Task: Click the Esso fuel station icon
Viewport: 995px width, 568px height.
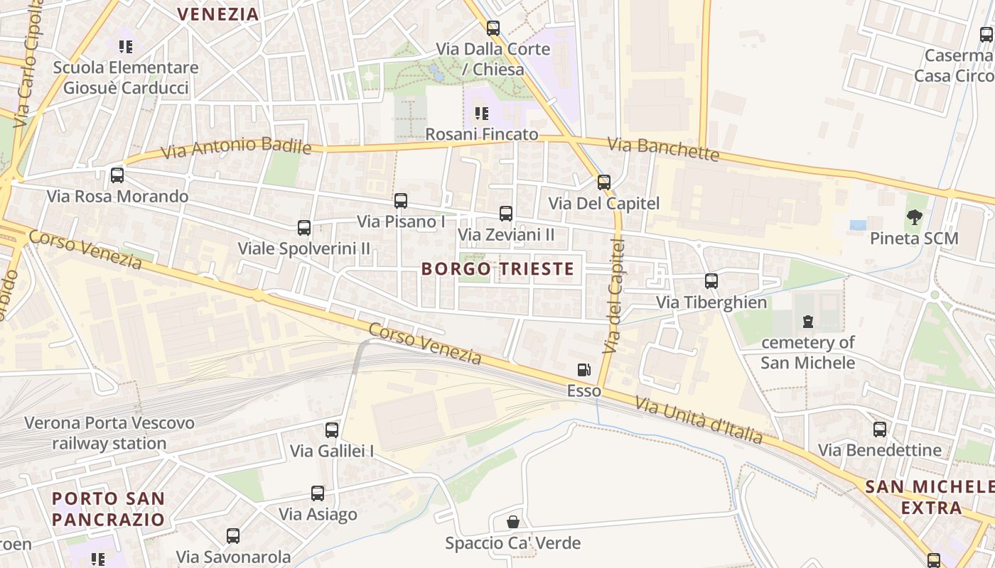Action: coord(583,369)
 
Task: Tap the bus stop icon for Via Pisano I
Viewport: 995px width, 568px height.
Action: coord(401,201)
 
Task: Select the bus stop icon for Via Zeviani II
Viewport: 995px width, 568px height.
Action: coord(506,213)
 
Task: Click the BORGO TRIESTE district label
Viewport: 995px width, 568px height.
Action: coord(497,269)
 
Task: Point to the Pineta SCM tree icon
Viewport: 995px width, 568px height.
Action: coord(915,217)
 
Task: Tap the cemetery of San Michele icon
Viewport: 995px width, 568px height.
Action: coord(807,322)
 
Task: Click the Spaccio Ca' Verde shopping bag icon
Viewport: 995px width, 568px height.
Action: coord(512,522)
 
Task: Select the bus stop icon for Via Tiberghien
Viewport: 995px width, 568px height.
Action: coord(711,280)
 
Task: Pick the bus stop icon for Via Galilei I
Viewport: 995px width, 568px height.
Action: coord(332,430)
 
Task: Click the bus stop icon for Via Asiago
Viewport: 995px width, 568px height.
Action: coord(318,493)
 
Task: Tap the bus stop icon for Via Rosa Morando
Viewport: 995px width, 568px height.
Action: coord(117,175)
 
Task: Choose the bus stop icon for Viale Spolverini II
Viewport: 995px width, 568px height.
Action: coord(304,228)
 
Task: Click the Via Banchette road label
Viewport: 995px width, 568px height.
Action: coord(664,149)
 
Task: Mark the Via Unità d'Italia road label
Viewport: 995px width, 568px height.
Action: coord(699,420)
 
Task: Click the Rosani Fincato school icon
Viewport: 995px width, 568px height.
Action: coord(482,114)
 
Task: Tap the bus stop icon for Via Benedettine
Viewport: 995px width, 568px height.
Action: coord(880,429)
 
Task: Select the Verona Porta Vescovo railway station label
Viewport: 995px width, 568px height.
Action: coord(109,433)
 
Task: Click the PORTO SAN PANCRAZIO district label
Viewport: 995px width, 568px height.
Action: coord(108,509)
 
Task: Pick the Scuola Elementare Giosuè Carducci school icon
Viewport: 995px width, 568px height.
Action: coord(126,48)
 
